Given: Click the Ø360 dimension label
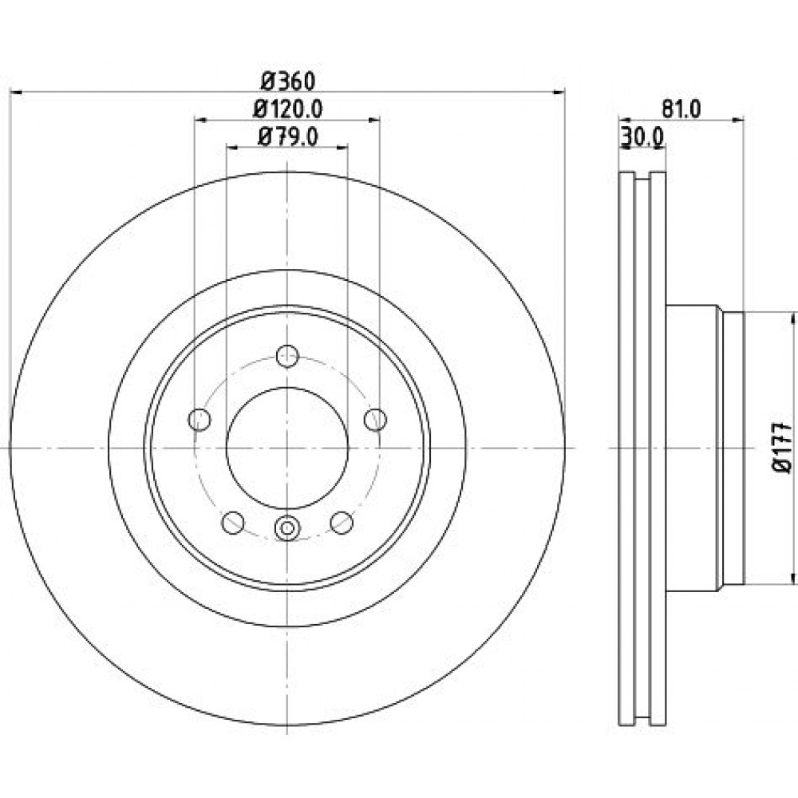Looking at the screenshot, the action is coord(288,81).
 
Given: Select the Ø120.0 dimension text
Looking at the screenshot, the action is coord(288,108).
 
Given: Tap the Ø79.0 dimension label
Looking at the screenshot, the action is coord(288,136).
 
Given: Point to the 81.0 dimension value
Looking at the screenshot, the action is coord(681,109).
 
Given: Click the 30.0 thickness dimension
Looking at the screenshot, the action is coord(642,136).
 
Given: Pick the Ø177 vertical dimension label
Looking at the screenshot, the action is coord(783,447).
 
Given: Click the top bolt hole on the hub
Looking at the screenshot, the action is coord(287,356).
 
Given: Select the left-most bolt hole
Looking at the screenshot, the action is coord(199,420).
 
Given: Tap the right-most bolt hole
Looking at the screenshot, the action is coord(376,420).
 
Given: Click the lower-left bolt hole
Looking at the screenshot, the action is coord(233,522).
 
